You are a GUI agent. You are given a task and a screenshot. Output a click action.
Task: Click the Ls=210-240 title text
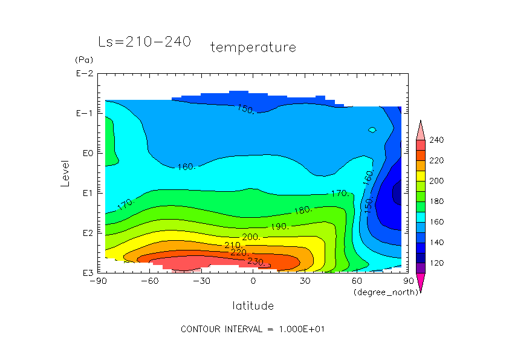144,42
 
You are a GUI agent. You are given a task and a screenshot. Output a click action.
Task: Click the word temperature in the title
253,47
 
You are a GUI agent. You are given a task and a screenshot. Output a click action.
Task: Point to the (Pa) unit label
83,60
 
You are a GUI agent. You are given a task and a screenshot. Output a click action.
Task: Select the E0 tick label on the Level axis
86,153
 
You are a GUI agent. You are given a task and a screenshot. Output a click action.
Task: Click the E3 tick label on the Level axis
85,273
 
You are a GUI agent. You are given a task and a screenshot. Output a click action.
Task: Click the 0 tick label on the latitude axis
253,281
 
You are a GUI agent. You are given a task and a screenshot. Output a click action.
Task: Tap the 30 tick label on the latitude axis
305,281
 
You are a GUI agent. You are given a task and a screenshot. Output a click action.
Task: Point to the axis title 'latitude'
253,306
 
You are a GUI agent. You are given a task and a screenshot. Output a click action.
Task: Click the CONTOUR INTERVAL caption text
254,329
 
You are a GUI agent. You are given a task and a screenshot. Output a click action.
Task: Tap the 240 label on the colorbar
436,140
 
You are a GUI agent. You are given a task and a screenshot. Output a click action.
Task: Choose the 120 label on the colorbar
436,263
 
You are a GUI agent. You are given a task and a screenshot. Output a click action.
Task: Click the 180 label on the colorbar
436,201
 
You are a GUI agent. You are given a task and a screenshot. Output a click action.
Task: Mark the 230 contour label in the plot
256,261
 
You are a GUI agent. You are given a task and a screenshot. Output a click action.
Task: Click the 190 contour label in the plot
280,226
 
